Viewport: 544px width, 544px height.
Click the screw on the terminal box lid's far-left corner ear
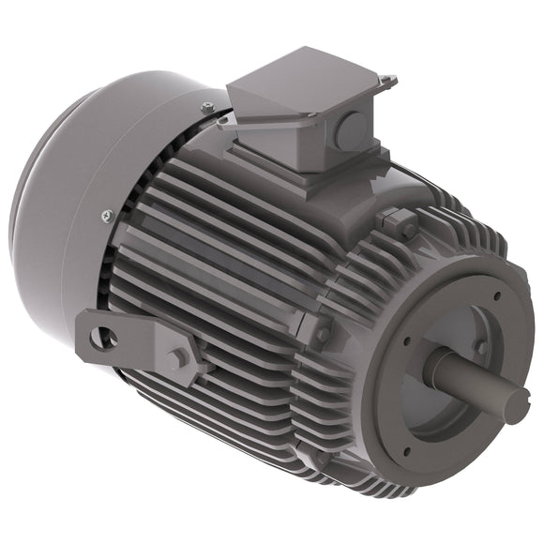tap(221, 119)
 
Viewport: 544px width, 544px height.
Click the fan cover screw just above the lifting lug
tap(106, 217)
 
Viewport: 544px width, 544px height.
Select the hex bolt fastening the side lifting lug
tap(175, 356)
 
